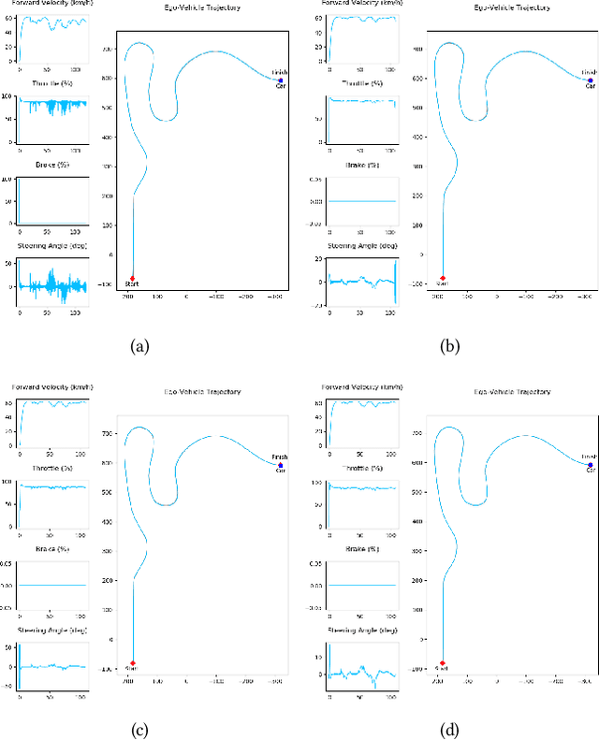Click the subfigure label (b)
(x=449, y=345)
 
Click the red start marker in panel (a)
(x=133, y=278)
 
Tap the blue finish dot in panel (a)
(x=280, y=80)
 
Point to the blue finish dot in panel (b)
(x=590, y=80)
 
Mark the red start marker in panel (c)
(x=133, y=662)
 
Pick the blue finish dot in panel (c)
(x=280, y=465)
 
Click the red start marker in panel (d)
(x=443, y=662)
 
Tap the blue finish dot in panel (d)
(x=590, y=465)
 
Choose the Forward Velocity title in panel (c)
(x=51, y=386)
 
